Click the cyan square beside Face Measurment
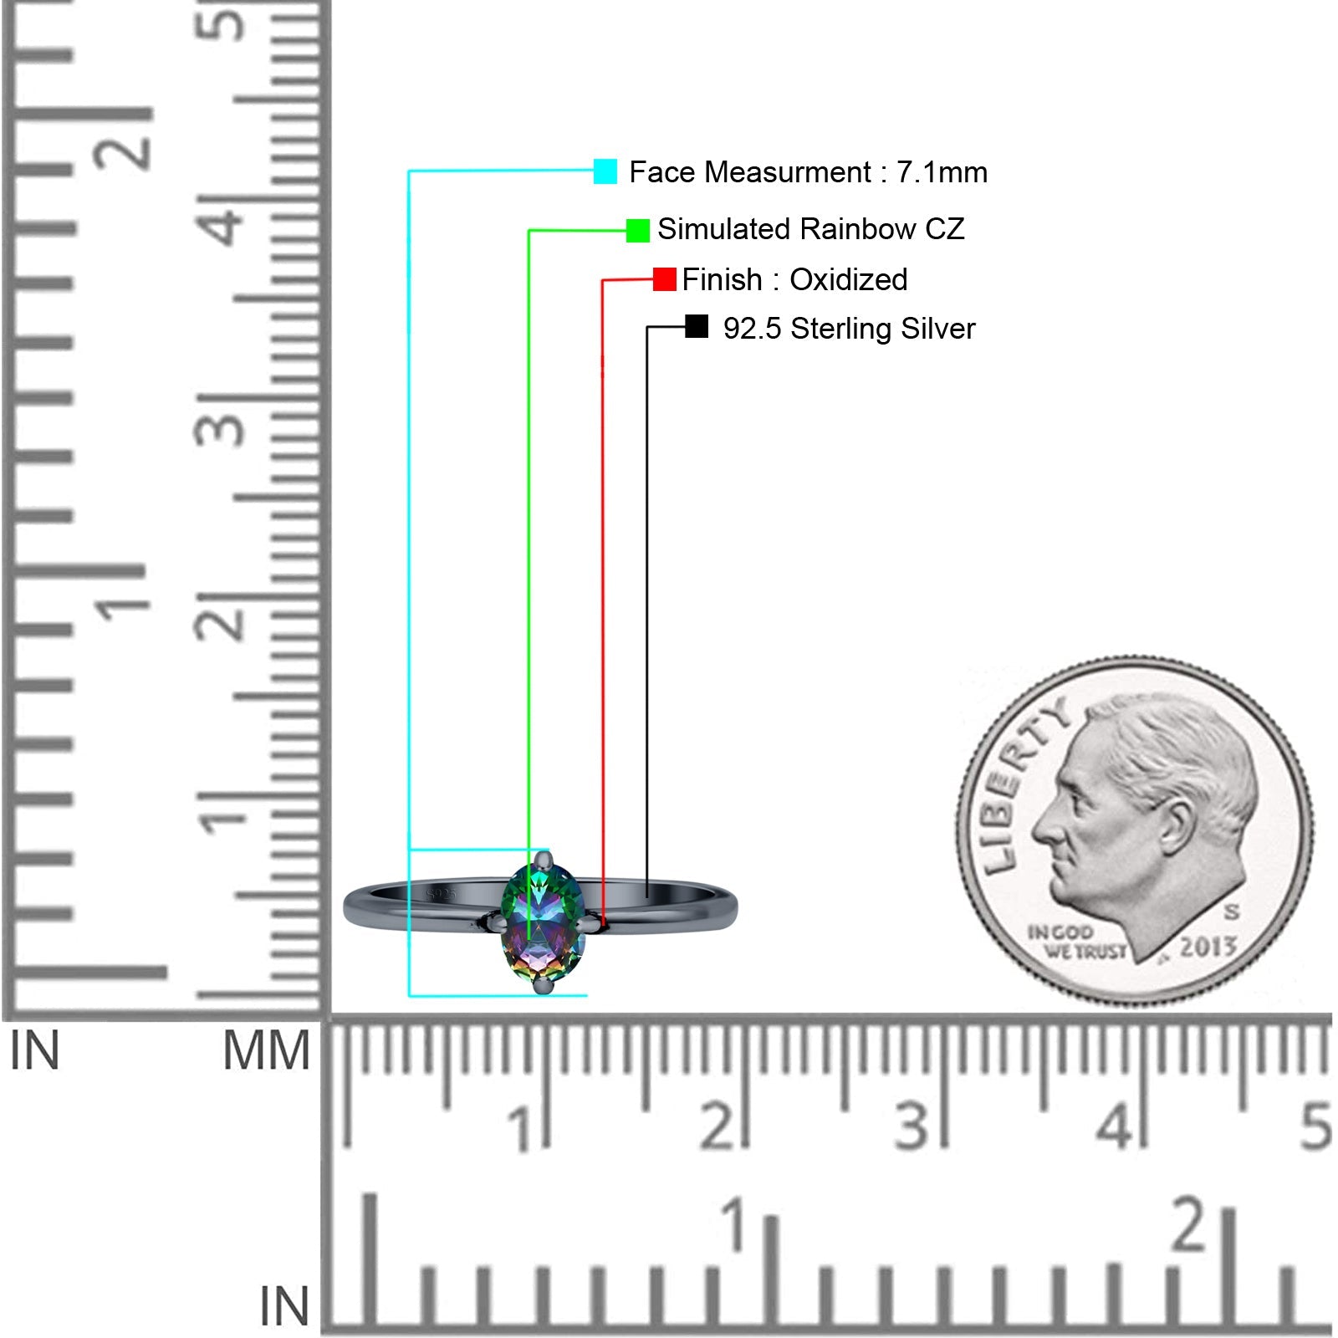click(x=605, y=171)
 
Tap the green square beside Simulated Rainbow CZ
click(x=638, y=230)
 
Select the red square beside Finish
click(x=664, y=279)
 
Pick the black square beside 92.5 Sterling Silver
click(x=696, y=327)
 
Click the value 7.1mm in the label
click(x=942, y=172)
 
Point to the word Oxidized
click(x=848, y=279)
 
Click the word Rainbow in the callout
click(x=858, y=229)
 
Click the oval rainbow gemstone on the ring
click(x=542, y=924)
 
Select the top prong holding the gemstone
click(x=544, y=860)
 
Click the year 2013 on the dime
click(x=1208, y=947)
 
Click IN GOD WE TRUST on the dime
click(x=1075, y=941)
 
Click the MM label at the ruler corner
click(x=266, y=1051)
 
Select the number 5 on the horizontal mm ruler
click(x=1315, y=1126)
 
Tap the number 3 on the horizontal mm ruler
click(x=912, y=1126)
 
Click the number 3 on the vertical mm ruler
click(x=220, y=429)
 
